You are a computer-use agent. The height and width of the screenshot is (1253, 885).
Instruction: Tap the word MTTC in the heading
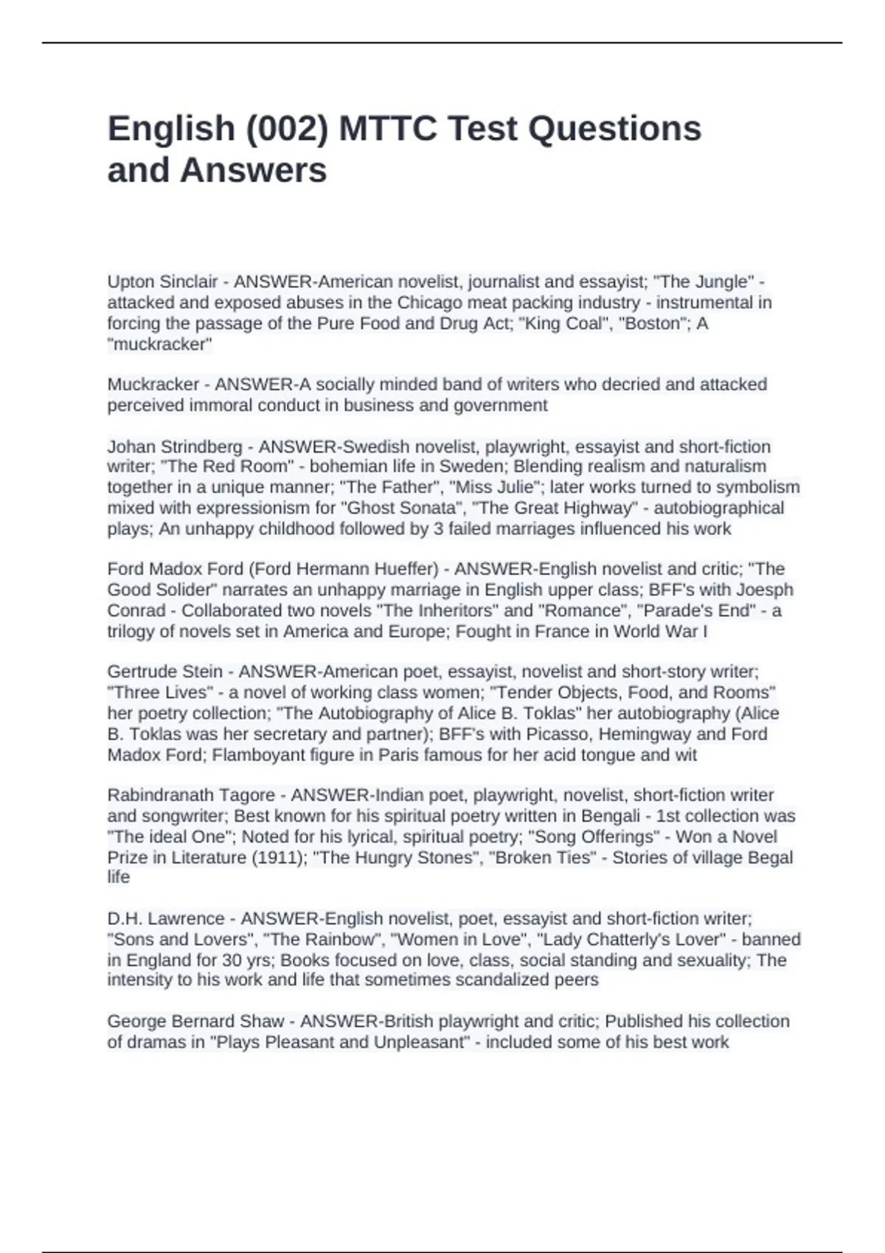click(x=387, y=129)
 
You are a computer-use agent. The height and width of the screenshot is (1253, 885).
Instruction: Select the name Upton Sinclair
click(x=162, y=282)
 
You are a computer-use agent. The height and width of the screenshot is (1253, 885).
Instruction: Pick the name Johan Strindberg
click(x=175, y=447)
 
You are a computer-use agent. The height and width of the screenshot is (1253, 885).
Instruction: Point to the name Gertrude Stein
click(x=164, y=671)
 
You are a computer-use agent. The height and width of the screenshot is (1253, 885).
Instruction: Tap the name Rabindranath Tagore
click(x=191, y=795)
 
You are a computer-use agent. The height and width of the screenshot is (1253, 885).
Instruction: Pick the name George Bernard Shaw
click(x=195, y=1022)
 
